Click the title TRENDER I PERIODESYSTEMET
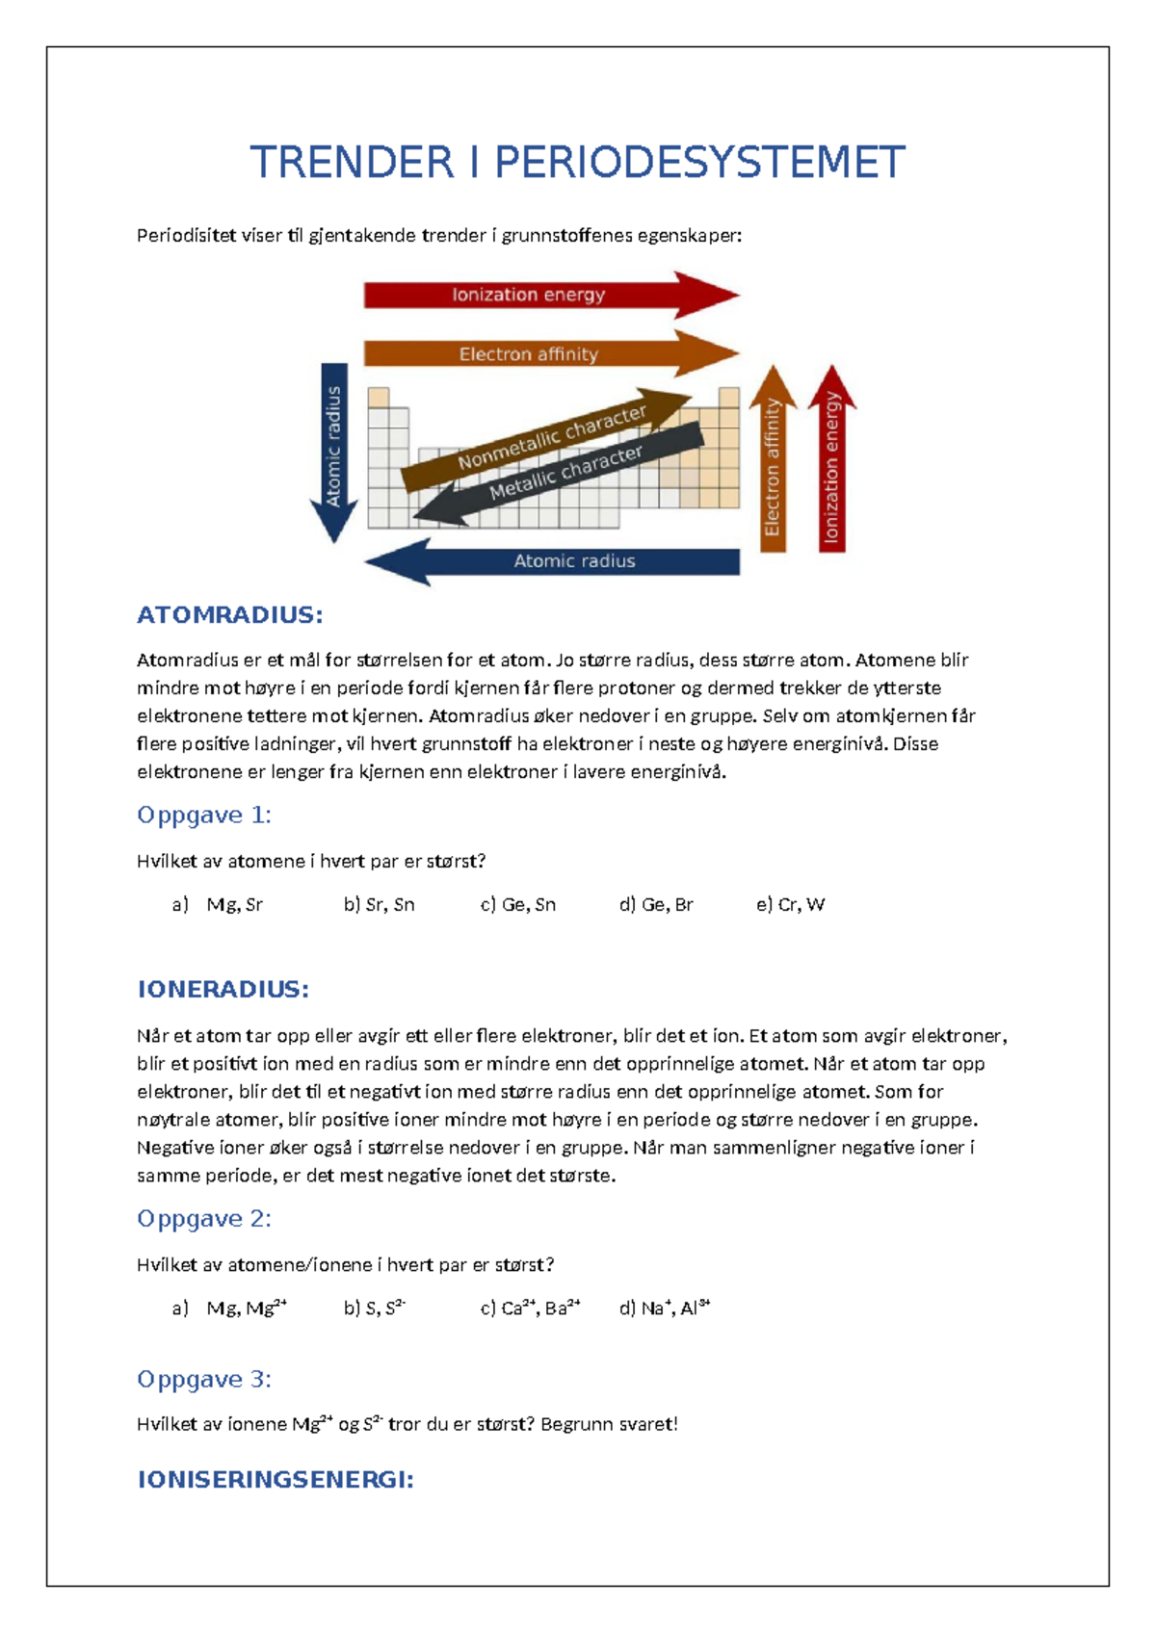[577, 162]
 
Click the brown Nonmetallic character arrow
[550, 439]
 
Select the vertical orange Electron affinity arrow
[773, 462]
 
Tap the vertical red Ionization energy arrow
[832, 462]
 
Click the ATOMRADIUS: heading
[229, 615]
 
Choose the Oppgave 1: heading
[204, 816]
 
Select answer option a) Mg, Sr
[218, 905]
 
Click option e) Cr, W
[790, 905]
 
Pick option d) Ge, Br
[656, 905]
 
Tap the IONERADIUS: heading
[223, 990]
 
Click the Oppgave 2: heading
[204, 1219]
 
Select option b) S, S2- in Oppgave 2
[375, 1309]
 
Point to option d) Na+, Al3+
[665, 1309]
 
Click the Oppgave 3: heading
[204, 1380]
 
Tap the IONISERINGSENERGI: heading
[276, 1480]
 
